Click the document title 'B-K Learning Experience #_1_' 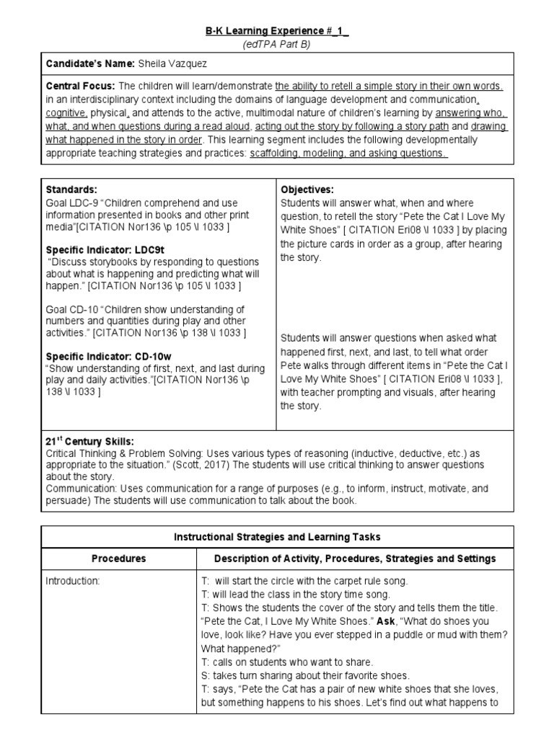(x=277, y=31)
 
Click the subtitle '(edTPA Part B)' (x=277, y=44)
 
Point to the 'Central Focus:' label (x=78, y=86)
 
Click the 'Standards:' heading (x=69, y=189)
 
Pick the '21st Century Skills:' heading (x=89, y=440)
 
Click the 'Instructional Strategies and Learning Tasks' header (x=277, y=538)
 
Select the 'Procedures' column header (x=118, y=559)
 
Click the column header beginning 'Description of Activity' (x=356, y=559)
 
